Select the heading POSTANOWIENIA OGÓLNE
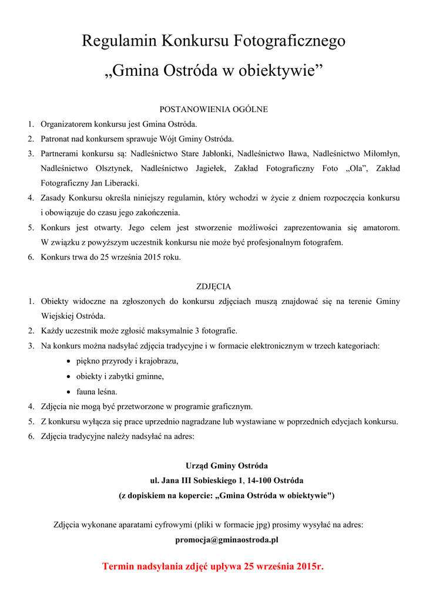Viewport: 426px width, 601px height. click(214, 109)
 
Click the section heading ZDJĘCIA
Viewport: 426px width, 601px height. click(213, 286)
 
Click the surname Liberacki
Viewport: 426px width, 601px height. click(119, 183)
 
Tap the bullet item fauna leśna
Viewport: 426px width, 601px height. click(96, 391)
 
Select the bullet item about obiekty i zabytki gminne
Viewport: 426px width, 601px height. click(120, 376)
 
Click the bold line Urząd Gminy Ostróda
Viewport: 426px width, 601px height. click(227, 466)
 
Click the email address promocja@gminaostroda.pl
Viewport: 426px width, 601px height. click(227, 539)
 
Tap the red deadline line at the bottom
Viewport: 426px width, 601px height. click(213, 566)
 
